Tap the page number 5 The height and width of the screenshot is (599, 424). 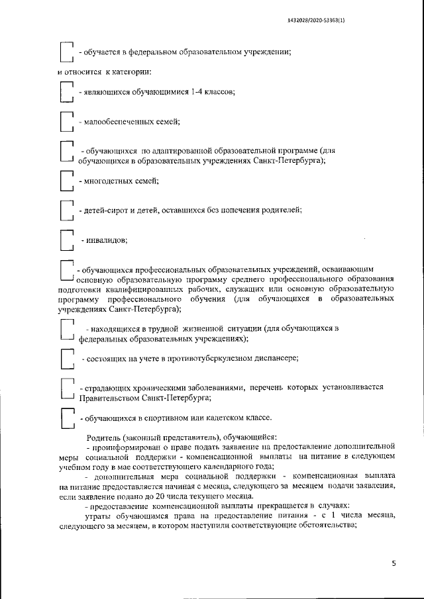pos(393,564)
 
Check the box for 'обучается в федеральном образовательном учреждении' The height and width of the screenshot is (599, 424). pos(66,52)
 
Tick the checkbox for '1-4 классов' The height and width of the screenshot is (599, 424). pos(66,93)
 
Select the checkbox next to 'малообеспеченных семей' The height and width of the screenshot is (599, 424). pos(66,123)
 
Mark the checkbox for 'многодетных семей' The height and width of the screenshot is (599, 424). pos(66,181)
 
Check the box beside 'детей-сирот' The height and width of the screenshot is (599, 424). pos(66,210)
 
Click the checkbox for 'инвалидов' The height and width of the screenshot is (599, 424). pos(66,240)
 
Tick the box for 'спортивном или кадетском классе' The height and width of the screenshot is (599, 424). pos(66,418)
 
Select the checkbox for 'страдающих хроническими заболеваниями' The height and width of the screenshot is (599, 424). pos(66,390)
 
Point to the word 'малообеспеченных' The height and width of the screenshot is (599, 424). pos(115,122)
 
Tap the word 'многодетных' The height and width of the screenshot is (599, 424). pos(107,181)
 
